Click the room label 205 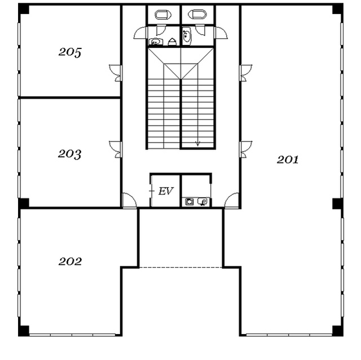[x=70, y=52]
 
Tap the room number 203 [x=69, y=154]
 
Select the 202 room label [x=70, y=261]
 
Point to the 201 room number [x=288, y=159]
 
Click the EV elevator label [x=166, y=191]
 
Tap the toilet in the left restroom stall [x=163, y=15]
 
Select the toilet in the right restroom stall [x=197, y=14]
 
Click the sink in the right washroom [x=187, y=36]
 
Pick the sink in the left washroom [x=156, y=42]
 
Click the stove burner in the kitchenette [x=190, y=202]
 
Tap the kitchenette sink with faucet [x=202, y=202]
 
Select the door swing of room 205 [x=115, y=73]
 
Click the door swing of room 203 [x=115, y=149]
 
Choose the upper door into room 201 [x=246, y=73]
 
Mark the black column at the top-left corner [x=24, y=10]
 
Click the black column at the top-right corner [x=338, y=10]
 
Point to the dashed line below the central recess [x=180, y=268]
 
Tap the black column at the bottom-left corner [x=24, y=331]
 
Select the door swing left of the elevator [x=129, y=201]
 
